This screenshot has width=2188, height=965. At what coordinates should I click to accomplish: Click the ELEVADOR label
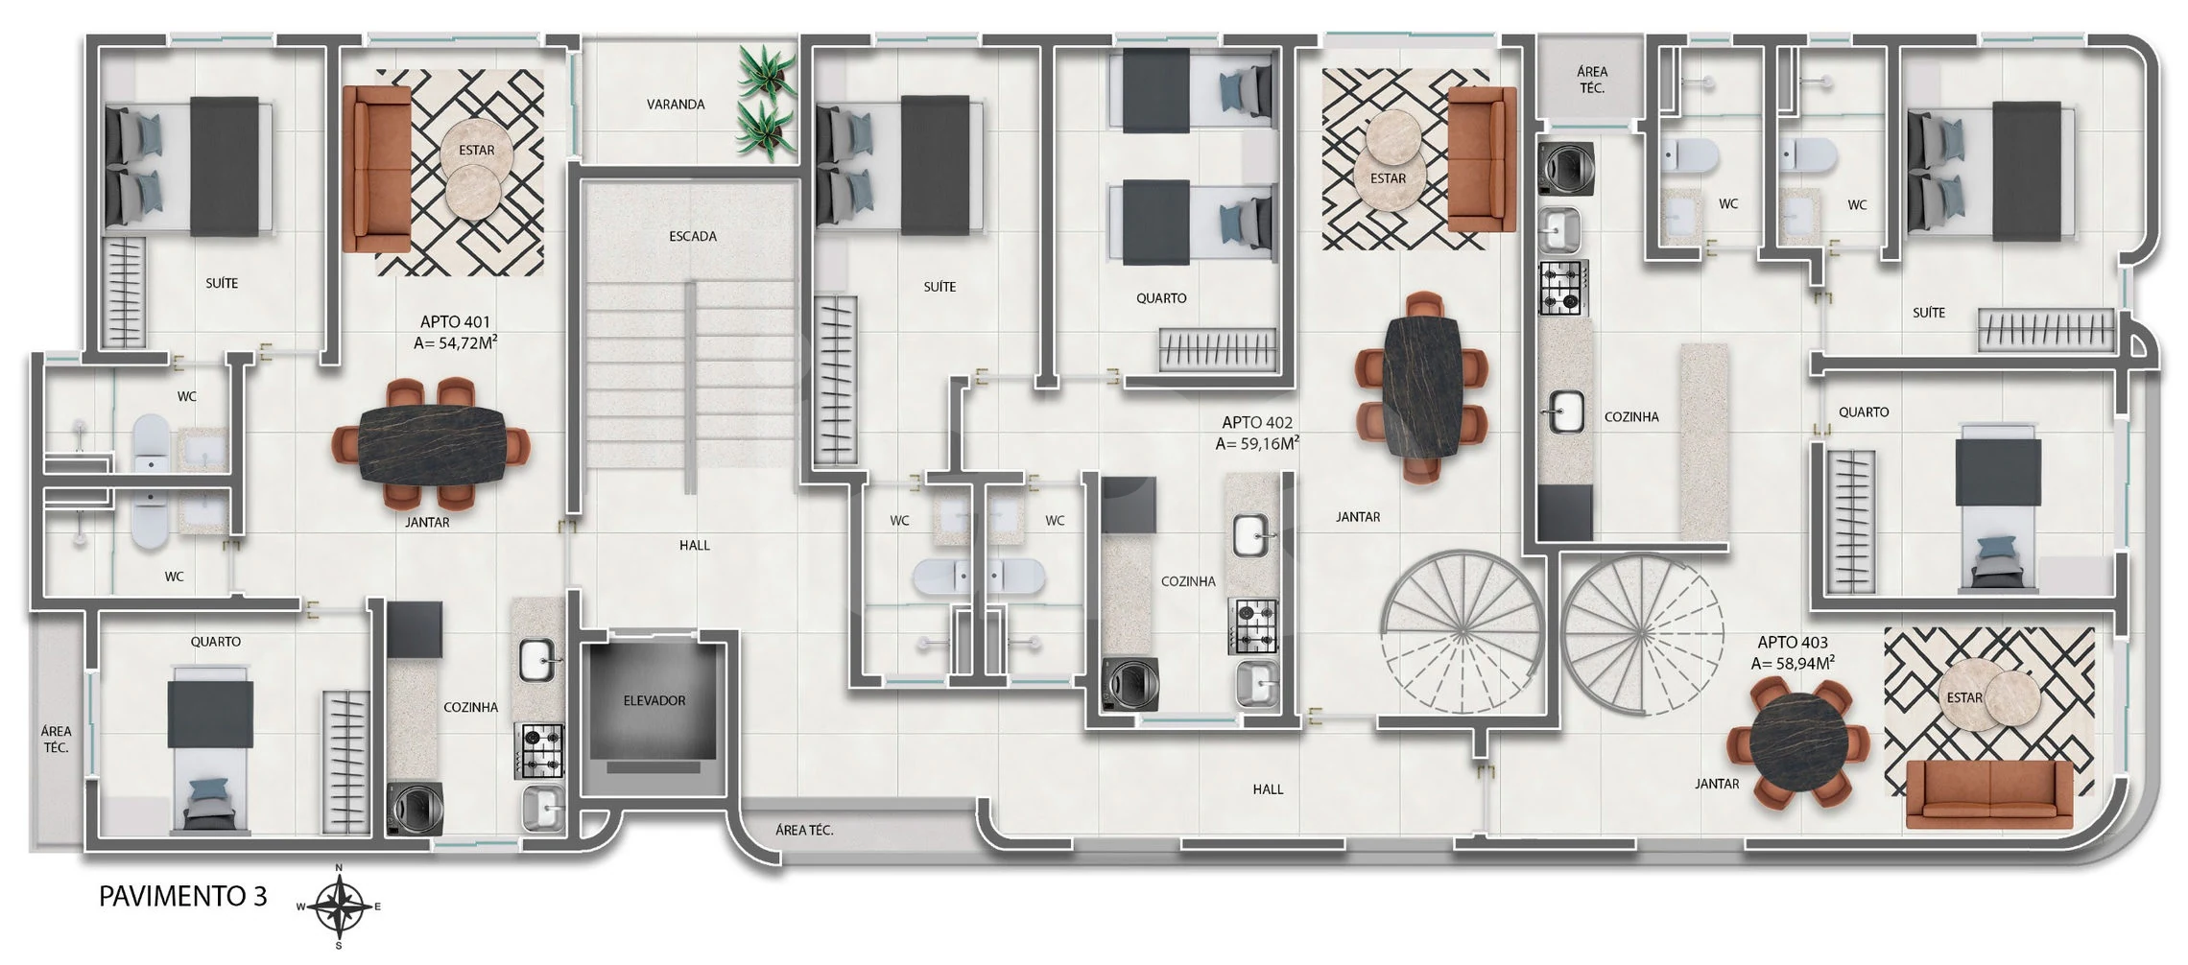(x=654, y=701)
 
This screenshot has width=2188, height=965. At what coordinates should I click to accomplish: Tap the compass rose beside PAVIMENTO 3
(x=340, y=905)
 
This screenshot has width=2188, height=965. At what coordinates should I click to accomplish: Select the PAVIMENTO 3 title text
(x=183, y=896)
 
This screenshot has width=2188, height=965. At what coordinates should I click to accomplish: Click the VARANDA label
(x=676, y=105)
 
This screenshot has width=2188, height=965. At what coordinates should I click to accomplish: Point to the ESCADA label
(x=693, y=236)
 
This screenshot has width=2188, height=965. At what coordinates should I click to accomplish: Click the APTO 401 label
(x=455, y=322)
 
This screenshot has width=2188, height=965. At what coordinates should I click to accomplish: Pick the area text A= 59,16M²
(x=1257, y=443)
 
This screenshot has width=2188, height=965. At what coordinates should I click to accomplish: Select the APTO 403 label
(x=1793, y=643)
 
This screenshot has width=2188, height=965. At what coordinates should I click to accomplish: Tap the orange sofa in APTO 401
(x=376, y=170)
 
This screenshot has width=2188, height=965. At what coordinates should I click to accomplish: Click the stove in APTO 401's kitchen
(x=542, y=751)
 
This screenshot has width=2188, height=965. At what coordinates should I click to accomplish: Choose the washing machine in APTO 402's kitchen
(x=1130, y=684)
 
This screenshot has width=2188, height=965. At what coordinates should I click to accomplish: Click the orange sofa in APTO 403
(x=1989, y=793)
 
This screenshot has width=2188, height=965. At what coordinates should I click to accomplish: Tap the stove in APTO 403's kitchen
(x=1563, y=287)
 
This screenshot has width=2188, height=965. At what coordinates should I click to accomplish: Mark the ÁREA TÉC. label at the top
(x=1592, y=80)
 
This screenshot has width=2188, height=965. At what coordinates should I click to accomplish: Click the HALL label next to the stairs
(x=695, y=545)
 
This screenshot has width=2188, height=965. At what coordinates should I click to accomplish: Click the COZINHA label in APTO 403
(x=1631, y=417)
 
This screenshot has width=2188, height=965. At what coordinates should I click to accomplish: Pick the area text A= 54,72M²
(x=455, y=342)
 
